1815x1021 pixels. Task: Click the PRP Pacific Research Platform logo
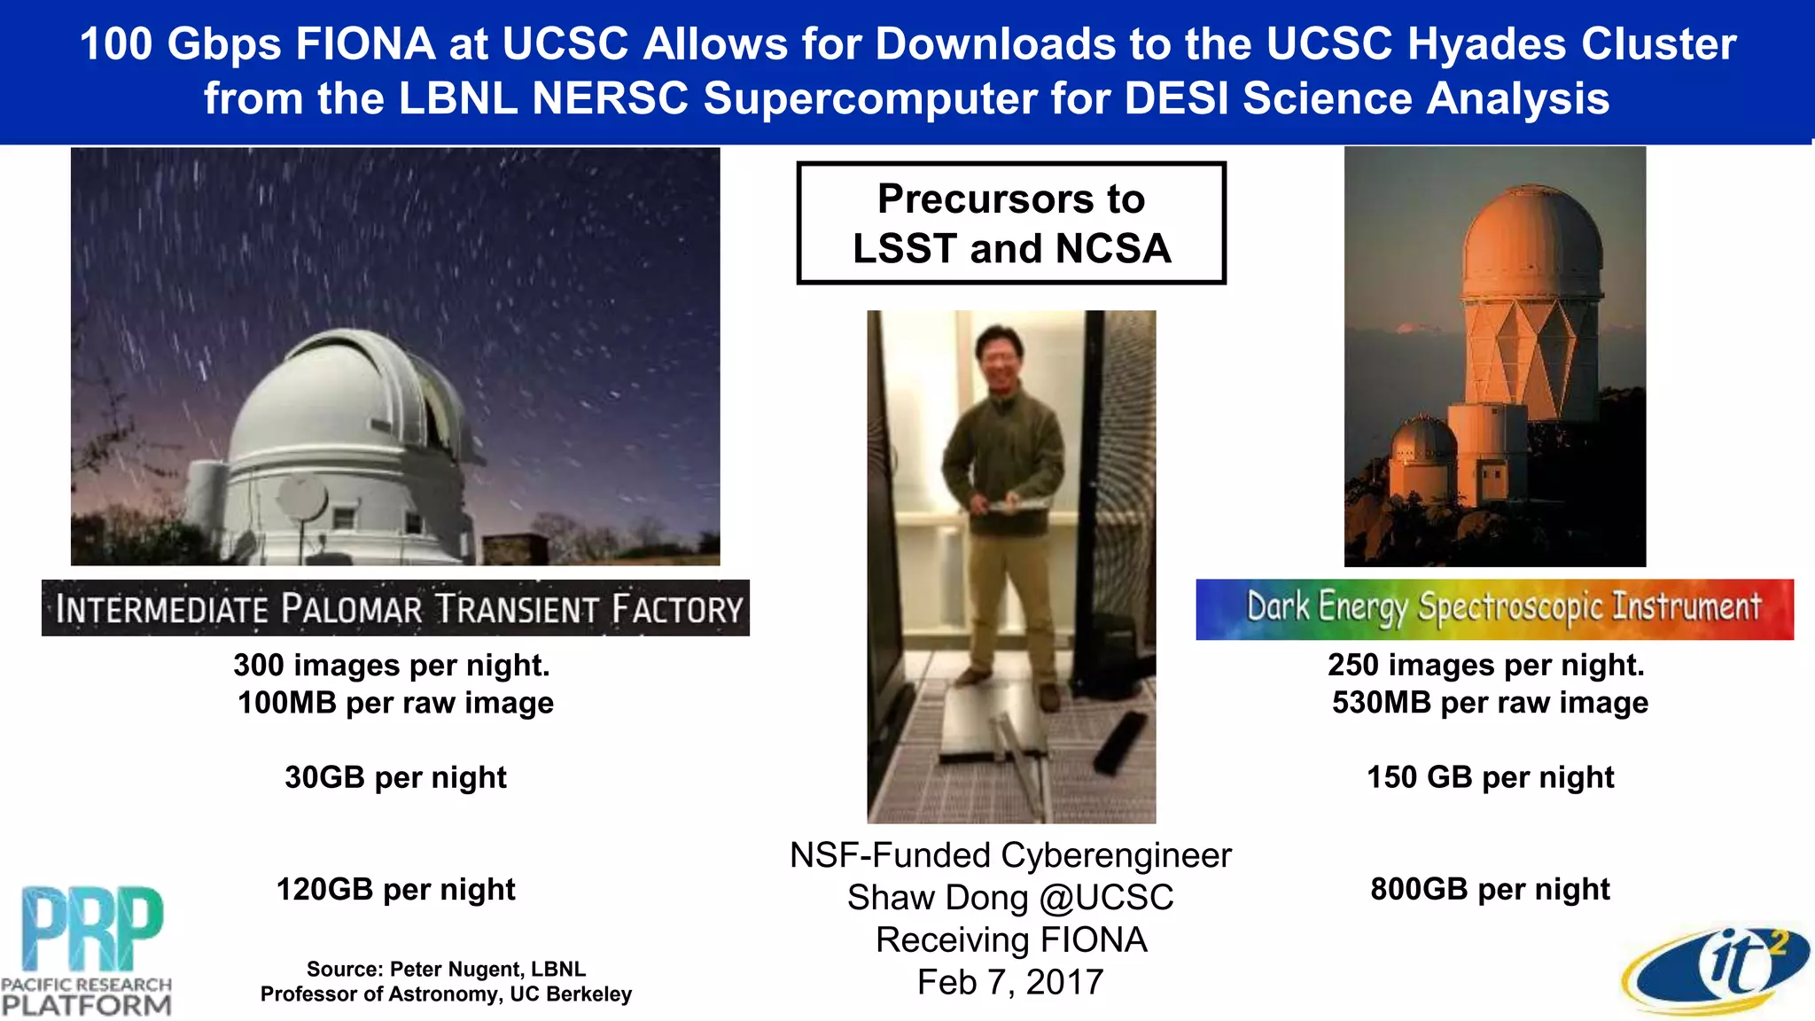(x=87, y=950)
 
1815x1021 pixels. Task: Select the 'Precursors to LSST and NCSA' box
(x=1011, y=223)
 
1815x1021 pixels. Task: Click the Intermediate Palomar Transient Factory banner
(x=395, y=608)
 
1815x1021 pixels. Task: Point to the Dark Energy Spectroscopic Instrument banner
(x=1494, y=609)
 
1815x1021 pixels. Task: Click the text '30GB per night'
(x=395, y=777)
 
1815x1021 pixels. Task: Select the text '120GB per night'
(x=395, y=889)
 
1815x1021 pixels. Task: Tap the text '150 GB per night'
(x=1490, y=777)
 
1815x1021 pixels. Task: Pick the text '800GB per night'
(x=1490, y=889)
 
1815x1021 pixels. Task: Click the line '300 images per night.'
(x=392, y=665)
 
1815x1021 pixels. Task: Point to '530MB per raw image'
(x=1490, y=703)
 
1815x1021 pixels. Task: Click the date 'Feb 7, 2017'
(x=1010, y=982)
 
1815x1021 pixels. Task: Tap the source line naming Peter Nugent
(x=446, y=969)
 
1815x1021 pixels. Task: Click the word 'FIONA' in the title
(x=365, y=44)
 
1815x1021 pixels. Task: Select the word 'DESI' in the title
(x=1176, y=98)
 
